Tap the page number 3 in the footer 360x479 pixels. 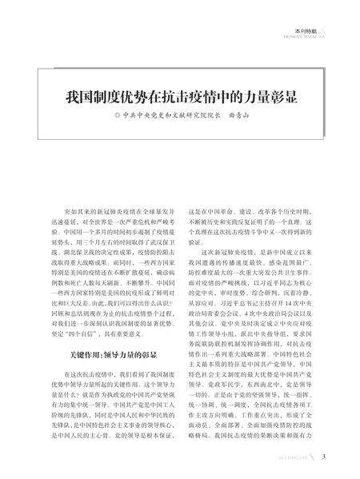(322, 458)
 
